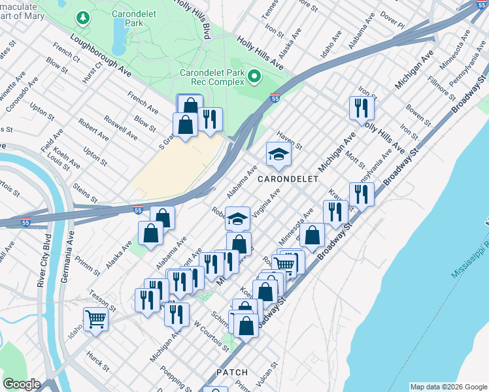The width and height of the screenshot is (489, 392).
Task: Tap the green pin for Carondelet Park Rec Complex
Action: pyautogui.click(x=254, y=78)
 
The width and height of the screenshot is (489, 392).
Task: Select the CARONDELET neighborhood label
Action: pyautogui.click(x=288, y=179)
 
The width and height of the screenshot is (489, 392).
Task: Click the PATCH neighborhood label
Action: pyautogui.click(x=232, y=372)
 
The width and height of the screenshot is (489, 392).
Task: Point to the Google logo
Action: pyautogui.click(x=22, y=384)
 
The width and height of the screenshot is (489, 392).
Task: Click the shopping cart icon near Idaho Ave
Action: pyautogui.click(x=95, y=319)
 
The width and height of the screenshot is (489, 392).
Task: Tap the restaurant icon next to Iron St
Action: pyautogui.click(x=362, y=107)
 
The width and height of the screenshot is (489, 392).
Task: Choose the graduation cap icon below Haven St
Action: pyautogui.click(x=278, y=155)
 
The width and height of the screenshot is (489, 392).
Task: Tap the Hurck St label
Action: pyautogui.click(x=97, y=361)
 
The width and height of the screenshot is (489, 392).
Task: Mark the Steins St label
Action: pyautogui.click(x=85, y=194)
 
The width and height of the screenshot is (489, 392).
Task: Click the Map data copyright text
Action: pyautogui.click(x=448, y=387)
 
